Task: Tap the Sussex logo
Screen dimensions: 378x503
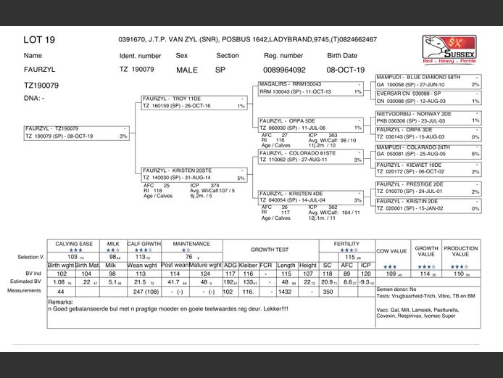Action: (450, 49)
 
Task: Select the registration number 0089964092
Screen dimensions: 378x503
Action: (283, 70)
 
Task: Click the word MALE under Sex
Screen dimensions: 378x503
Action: (186, 70)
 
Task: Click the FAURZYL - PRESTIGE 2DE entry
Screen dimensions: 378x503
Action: (410, 184)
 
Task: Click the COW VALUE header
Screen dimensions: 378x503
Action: (391, 251)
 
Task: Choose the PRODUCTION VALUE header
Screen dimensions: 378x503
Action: (461, 251)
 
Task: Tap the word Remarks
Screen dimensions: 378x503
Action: (60, 301)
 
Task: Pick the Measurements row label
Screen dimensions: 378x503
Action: (25, 290)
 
